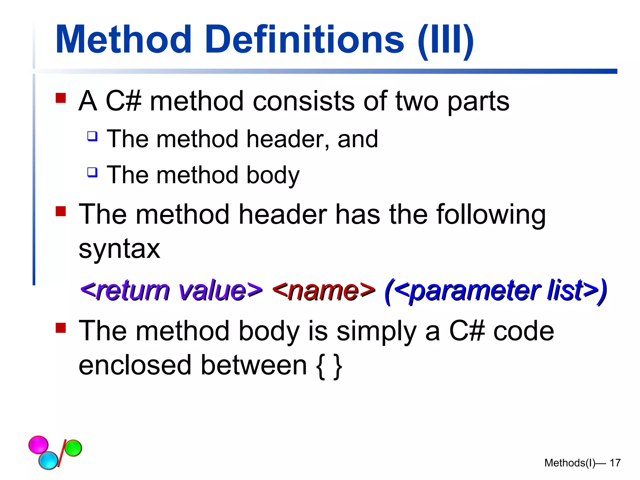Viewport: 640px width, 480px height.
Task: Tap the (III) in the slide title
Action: [x=445, y=41]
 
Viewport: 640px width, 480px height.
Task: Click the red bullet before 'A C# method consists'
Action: [x=61, y=98]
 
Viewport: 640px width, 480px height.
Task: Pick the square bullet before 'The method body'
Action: [x=92, y=172]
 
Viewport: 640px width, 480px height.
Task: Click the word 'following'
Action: [x=491, y=215]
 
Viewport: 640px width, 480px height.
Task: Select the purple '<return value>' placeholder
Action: [x=171, y=290]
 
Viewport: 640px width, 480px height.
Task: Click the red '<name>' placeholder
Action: [x=323, y=290]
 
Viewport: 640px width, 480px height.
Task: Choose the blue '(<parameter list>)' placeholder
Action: [x=496, y=291]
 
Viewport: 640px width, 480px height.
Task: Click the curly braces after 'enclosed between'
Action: [x=329, y=366]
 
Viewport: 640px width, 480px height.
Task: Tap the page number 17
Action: [x=615, y=463]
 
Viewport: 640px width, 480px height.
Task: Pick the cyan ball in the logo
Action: [x=48, y=460]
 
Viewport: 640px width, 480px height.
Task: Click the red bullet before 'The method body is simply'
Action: [x=61, y=328]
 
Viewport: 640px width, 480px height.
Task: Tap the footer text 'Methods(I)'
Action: [x=570, y=463]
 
